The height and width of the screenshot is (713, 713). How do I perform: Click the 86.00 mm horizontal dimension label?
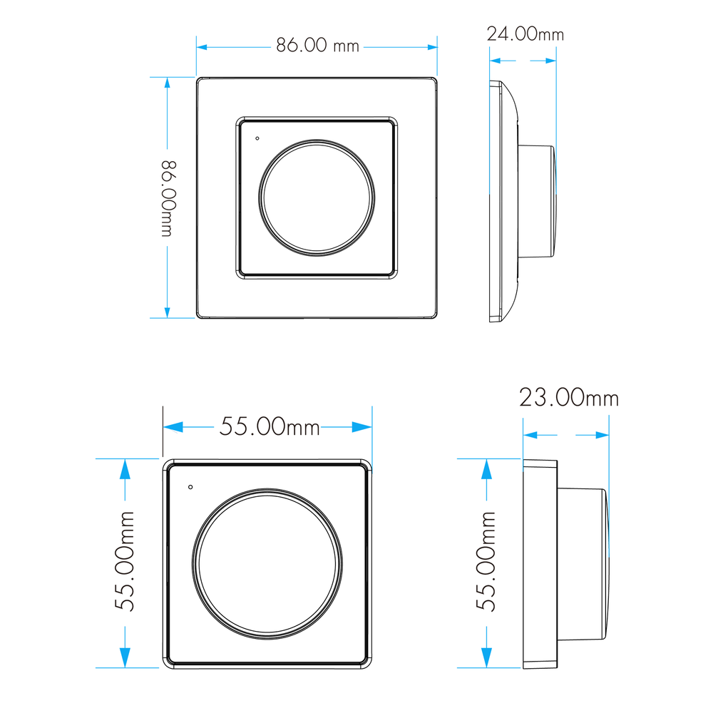coord(317,45)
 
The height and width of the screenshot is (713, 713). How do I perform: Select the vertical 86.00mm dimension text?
coord(168,198)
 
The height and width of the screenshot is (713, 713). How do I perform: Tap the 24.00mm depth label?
coord(525,34)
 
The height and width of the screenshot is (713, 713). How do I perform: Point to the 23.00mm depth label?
coord(569,397)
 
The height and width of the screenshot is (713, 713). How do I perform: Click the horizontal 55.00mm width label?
coord(270,426)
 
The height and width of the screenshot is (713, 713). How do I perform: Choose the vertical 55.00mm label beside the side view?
coord(486,561)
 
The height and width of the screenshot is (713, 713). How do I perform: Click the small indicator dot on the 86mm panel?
coord(257,138)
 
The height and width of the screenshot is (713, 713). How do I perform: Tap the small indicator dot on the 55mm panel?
coord(190,487)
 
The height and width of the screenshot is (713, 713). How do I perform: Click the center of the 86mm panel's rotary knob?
coord(317,198)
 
